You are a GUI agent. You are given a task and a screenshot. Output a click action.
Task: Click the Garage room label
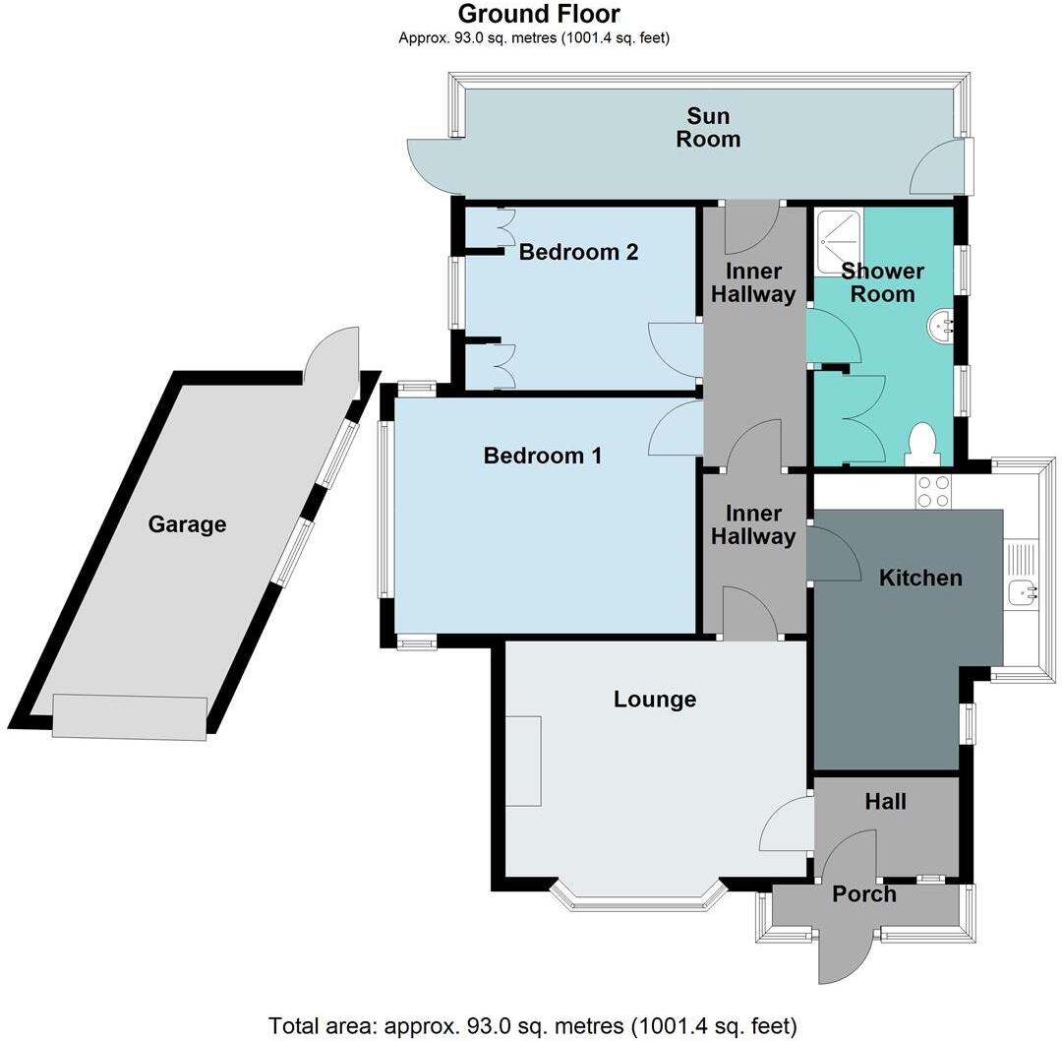click(x=187, y=524)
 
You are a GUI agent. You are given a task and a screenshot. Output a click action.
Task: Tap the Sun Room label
click(x=707, y=128)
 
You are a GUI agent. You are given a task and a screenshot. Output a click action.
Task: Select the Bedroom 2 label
click(x=578, y=252)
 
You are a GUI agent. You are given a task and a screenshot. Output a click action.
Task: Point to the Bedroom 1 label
click(x=542, y=456)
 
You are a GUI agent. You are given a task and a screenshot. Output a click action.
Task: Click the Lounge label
click(x=654, y=700)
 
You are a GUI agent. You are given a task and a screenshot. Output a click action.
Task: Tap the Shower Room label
click(x=882, y=282)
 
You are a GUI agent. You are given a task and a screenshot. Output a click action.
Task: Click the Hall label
click(x=885, y=802)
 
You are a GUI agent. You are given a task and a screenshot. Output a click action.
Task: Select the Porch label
click(x=863, y=893)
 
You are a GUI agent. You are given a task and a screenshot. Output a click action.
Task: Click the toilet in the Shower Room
click(x=922, y=446)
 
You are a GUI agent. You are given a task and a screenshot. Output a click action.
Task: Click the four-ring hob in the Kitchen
click(x=932, y=491)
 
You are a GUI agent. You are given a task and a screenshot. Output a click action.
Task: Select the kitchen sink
click(x=1023, y=589)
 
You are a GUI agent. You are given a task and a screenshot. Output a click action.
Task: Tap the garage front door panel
click(x=130, y=716)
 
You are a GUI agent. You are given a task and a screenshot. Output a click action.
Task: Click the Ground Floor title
click(x=539, y=14)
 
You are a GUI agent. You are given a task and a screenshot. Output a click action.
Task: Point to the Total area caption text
click(x=533, y=1025)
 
